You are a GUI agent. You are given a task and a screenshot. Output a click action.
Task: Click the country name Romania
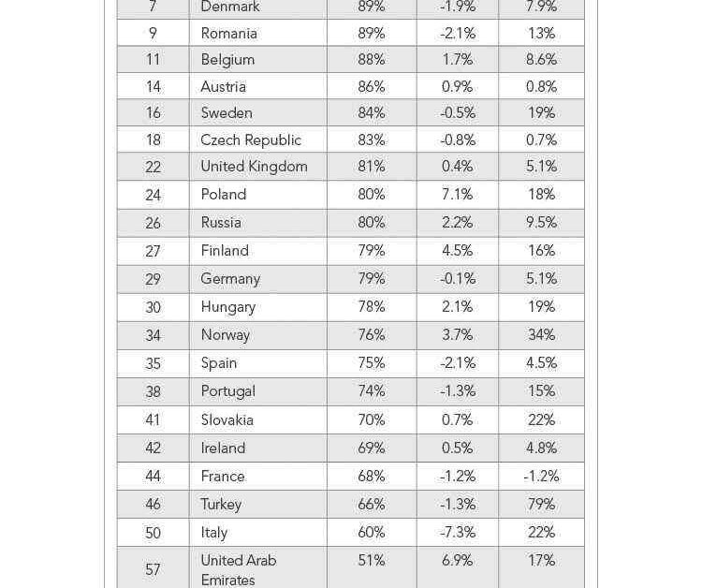228,33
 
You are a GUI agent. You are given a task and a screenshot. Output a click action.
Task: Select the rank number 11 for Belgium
153,60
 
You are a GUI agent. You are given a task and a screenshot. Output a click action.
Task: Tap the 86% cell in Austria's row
372,86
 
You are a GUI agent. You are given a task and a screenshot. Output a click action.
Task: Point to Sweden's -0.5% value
457,113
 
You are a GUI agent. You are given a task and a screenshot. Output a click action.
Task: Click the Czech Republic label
251,140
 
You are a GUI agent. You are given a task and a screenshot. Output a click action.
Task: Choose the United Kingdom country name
254,167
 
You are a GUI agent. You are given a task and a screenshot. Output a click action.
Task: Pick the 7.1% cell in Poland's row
457,195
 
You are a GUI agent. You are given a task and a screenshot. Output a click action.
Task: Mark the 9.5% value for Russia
541,223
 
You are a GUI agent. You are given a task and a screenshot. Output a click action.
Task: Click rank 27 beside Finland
153,251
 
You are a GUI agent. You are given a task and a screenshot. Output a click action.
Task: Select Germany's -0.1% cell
457,279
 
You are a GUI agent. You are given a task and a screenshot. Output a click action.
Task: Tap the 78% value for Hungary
372,307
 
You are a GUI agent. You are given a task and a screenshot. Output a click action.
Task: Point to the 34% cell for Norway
541,335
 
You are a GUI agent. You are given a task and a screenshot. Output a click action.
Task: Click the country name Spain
218,363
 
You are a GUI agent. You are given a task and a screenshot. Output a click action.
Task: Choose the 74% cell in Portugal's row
372,391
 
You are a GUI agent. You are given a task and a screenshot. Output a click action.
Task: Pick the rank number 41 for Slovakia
153,419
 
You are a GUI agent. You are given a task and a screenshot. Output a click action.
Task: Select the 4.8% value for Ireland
541,448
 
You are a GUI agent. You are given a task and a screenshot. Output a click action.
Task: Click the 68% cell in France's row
372,476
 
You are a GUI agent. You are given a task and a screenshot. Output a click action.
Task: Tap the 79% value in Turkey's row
541,505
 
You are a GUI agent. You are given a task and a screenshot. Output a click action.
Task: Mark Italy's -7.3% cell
457,533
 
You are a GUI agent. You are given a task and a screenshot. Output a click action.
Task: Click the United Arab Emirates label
239,570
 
